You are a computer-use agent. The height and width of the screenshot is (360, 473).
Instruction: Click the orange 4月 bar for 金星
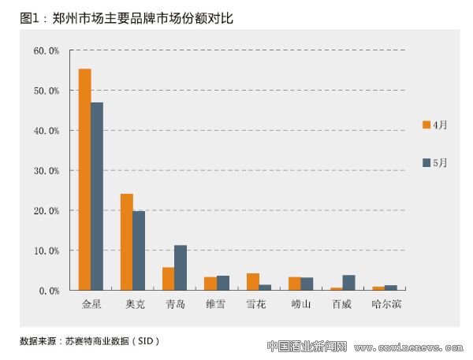(x=84, y=180)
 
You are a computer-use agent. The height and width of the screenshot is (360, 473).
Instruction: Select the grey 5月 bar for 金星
(x=97, y=196)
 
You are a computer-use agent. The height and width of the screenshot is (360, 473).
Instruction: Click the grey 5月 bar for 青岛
(x=181, y=268)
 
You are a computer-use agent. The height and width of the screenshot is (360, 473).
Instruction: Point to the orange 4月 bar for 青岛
(x=168, y=279)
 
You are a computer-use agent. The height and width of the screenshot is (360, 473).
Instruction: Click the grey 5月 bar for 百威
(x=349, y=283)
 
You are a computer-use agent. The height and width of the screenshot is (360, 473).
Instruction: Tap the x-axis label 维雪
(x=216, y=303)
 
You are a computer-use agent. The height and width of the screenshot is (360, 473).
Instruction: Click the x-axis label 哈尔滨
(x=385, y=303)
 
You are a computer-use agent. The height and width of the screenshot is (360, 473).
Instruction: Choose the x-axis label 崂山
(x=300, y=303)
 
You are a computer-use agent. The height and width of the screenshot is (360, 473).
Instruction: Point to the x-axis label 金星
(x=91, y=303)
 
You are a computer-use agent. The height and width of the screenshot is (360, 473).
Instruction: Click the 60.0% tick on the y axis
(x=47, y=50)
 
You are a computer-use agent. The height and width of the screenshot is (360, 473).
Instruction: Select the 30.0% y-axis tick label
(x=47, y=170)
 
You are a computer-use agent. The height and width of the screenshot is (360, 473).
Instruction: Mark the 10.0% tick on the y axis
(x=47, y=251)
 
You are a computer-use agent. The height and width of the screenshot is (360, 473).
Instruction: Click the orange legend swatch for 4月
(x=426, y=124)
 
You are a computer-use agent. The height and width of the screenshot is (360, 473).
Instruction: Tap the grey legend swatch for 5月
(x=426, y=162)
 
